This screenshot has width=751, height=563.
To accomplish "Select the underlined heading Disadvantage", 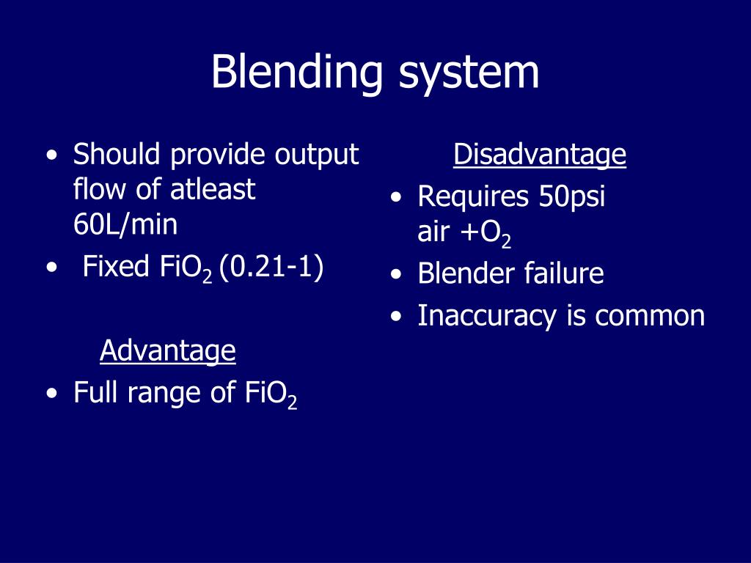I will point(539,155).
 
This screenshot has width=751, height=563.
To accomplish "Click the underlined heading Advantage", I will point(167,351).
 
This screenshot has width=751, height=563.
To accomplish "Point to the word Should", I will point(117,155).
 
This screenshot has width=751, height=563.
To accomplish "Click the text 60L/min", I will point(125,225).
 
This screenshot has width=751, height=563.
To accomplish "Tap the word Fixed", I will point(116,267).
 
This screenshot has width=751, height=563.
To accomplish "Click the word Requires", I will point(473,197).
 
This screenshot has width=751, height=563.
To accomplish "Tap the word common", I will point(650,316).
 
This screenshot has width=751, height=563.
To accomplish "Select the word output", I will point(317,155).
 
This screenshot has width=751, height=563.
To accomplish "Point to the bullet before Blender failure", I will point(396,276).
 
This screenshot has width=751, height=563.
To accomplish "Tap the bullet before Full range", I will point(51,394).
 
